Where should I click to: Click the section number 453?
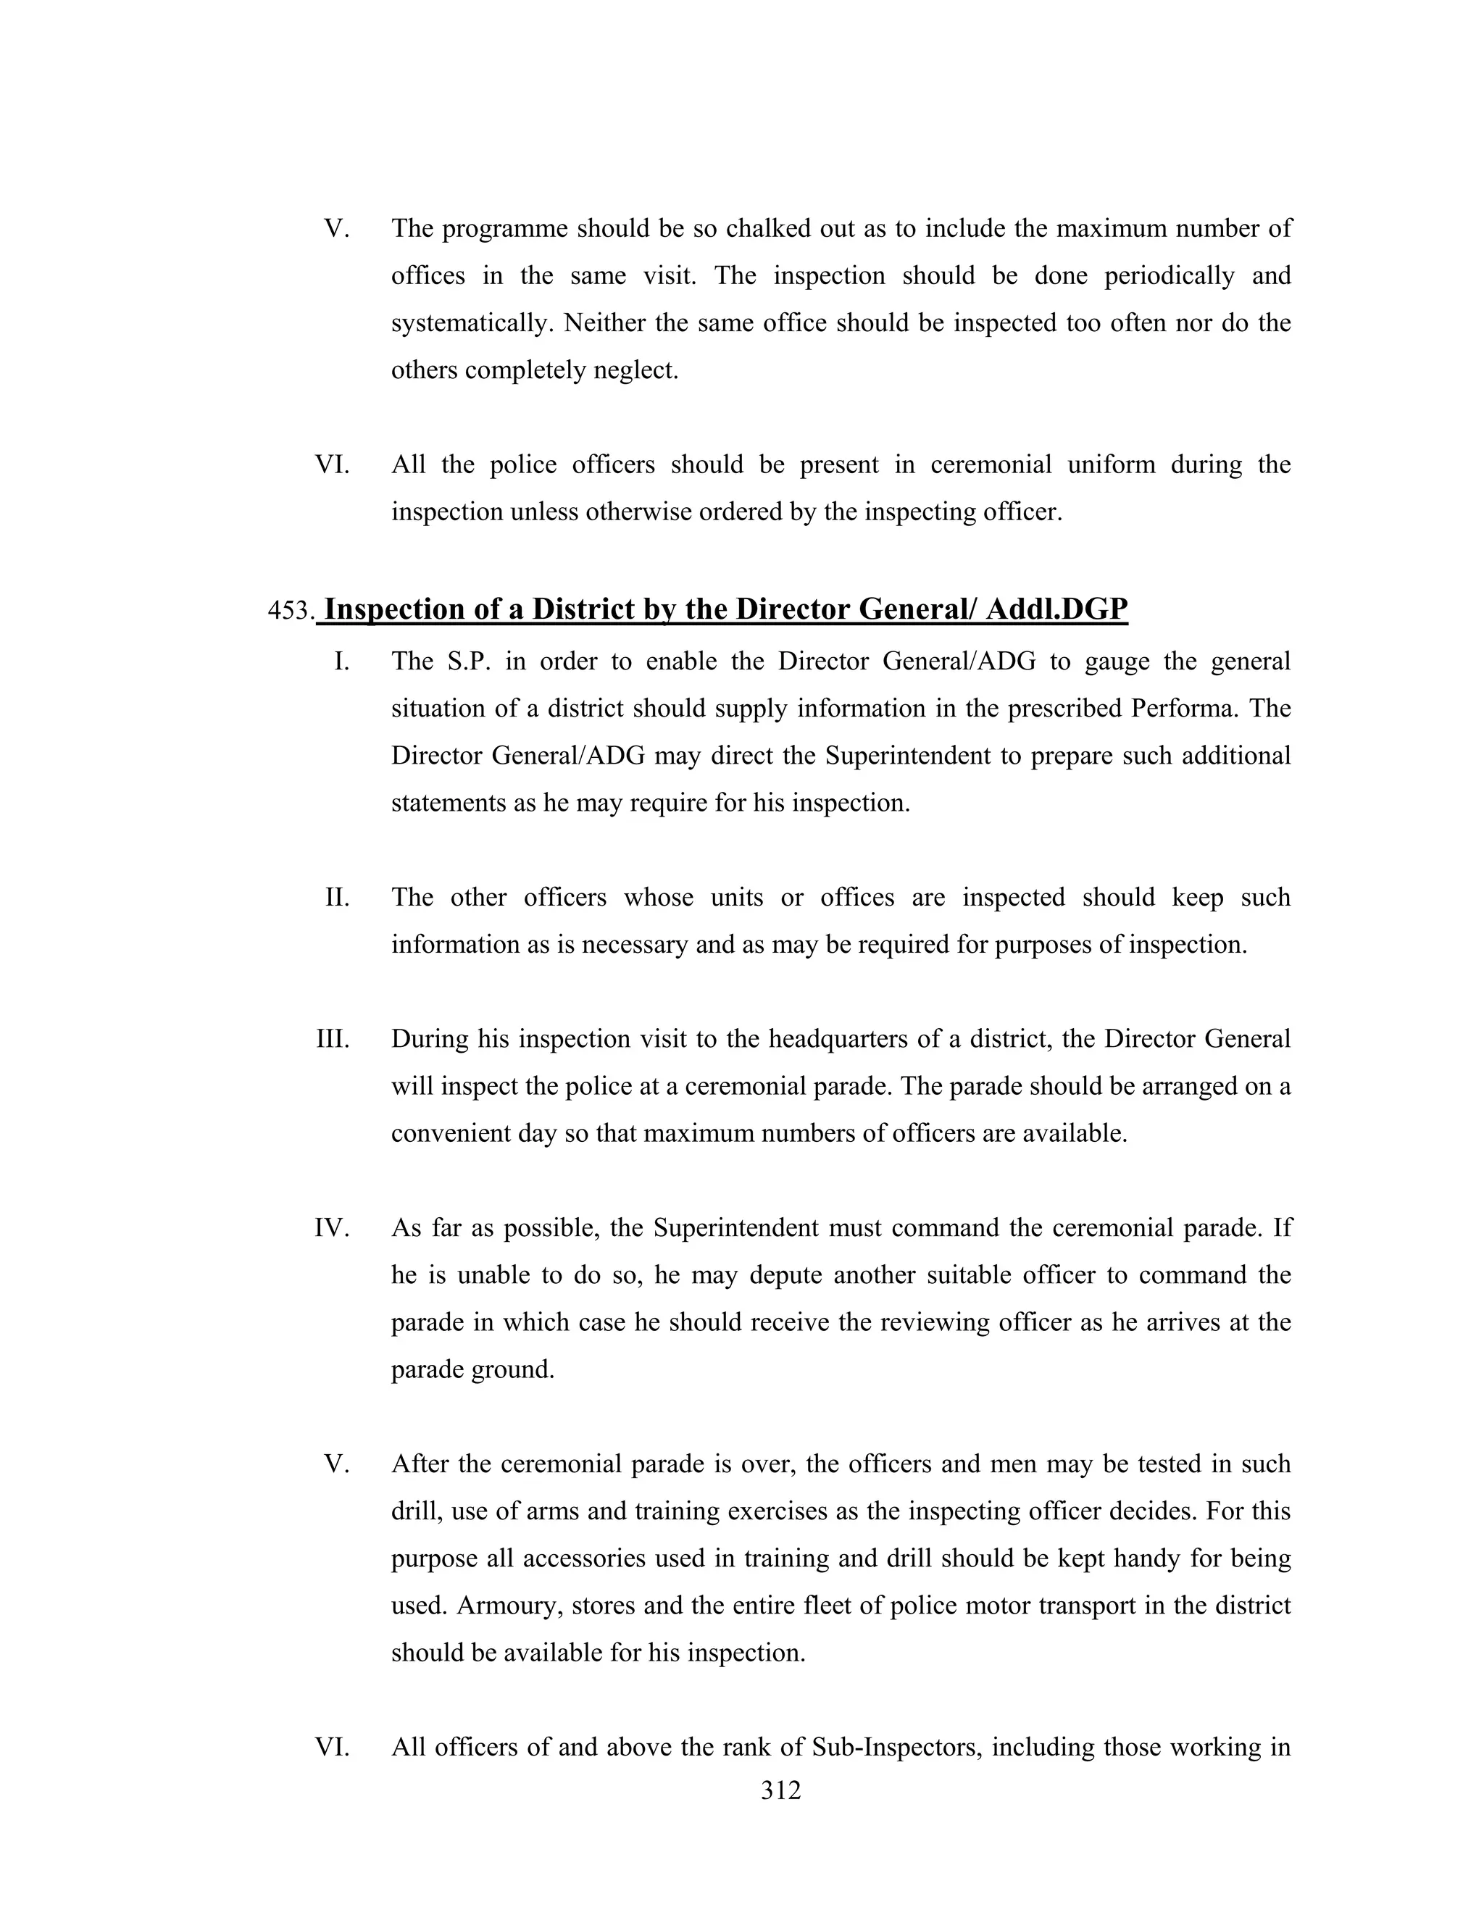coord(290,610)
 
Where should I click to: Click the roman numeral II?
coord(338,898)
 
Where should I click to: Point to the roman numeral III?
coord(333,1039)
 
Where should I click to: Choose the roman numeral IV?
coord(333,1228)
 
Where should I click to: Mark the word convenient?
coord(449,1133)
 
